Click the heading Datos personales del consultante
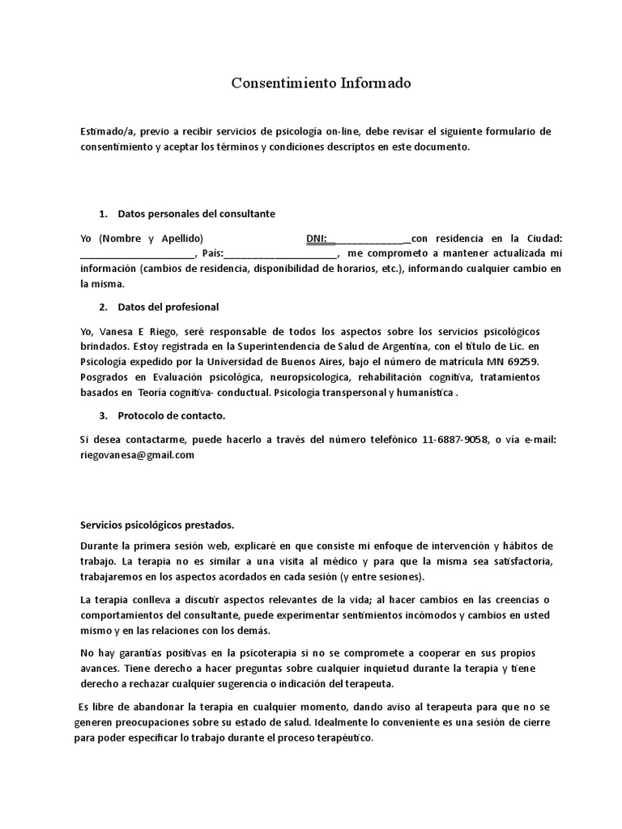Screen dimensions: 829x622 [x=197, y=214]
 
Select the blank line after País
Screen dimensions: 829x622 [x=280, y=254]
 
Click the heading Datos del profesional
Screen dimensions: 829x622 [x=168, y=308]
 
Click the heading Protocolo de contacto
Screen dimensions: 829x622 [x=172, y=416]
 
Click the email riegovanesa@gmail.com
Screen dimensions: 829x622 [x=137, y=455]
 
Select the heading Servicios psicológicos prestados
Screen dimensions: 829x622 [x=157, y=524]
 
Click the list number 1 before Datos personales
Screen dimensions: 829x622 [x=102, y=214]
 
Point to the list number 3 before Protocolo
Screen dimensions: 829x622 [x=102, y=416]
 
